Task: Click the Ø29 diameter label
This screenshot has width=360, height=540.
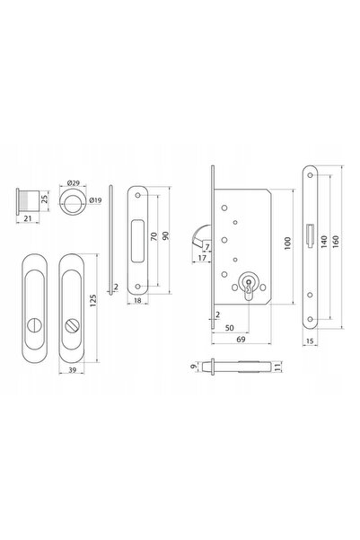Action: (x=73, y=182)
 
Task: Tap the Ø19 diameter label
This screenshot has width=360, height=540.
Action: (x=95, y=200)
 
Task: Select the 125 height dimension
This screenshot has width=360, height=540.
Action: (x=93, y=301)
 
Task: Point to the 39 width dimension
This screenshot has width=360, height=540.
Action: (x=73, y=370)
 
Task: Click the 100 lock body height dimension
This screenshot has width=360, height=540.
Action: (x=287, y=243)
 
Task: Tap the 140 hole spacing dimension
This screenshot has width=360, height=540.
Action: (x=323, y=242)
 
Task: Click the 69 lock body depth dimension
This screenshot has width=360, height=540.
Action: (x=241, y=340)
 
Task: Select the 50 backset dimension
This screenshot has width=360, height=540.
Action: (x=229, y=328)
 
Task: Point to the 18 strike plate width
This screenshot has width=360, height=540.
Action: (x=137, y=300)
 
